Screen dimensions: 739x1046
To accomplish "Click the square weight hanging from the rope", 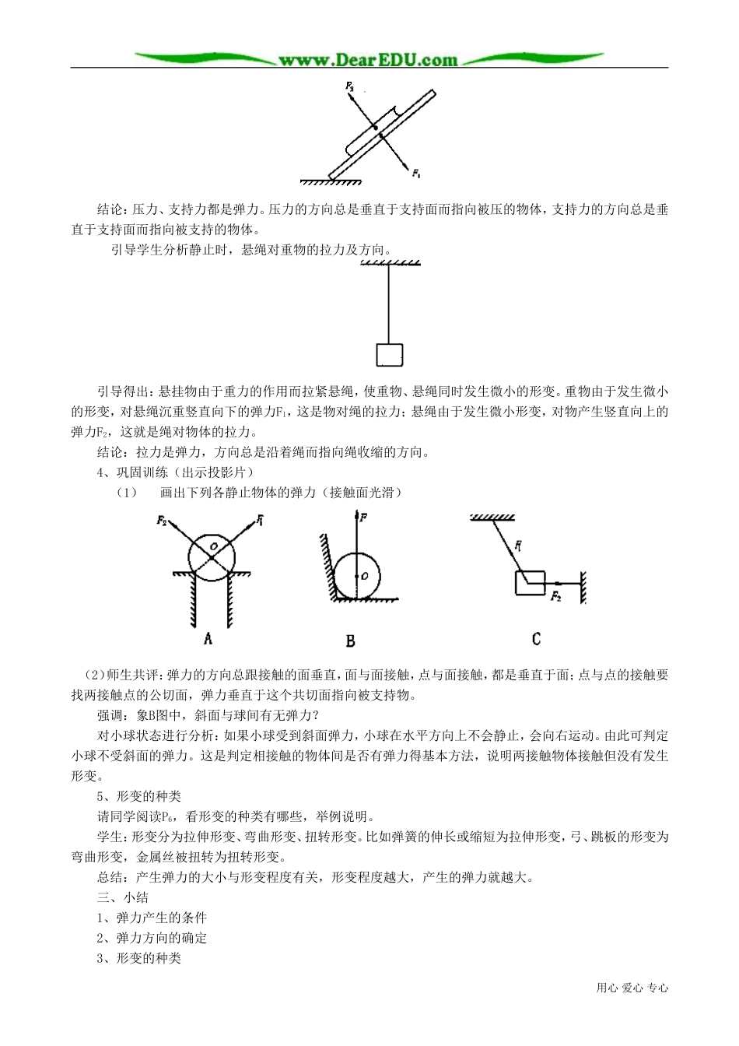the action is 389,354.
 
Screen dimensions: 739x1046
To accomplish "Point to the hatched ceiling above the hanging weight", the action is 391,265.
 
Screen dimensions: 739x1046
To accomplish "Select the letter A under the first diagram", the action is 208,639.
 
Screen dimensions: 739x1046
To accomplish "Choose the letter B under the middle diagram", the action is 350,641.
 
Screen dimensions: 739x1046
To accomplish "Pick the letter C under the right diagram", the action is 536,639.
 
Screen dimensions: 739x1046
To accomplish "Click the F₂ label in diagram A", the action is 162,520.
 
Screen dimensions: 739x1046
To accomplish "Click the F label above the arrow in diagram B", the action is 364,516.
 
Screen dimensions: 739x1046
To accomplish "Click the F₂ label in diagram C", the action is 555,597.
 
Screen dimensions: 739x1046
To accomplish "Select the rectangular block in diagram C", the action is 530,581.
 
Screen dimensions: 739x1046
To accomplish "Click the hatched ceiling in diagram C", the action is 495,518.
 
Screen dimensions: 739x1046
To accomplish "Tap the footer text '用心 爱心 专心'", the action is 632,988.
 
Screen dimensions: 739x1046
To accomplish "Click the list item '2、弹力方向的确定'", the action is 152,937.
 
